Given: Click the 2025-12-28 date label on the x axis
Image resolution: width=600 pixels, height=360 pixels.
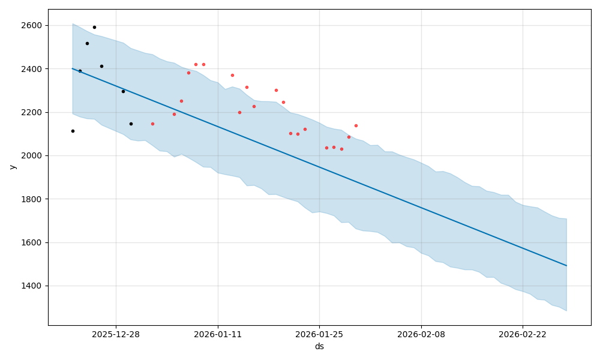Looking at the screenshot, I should click(116, 334).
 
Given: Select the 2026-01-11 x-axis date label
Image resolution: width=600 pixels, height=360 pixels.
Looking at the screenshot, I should click(218, 334).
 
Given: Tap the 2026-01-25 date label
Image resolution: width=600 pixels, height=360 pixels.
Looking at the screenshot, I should click(319, 334).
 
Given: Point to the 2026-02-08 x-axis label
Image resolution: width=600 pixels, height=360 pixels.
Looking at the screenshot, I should click(421, 334).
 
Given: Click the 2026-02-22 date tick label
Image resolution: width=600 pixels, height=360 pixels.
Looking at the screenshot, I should click(523, 334).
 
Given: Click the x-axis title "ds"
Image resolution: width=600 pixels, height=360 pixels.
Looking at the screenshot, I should click(319, 346).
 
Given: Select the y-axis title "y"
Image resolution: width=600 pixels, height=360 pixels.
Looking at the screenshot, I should click(11, 167).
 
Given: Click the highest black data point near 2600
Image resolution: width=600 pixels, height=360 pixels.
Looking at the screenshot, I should click(94, 27).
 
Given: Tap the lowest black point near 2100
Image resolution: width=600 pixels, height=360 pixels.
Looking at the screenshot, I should click(73, 131).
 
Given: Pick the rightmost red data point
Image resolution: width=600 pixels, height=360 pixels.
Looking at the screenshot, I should click(356, 125).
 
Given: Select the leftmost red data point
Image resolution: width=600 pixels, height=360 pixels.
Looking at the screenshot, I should click(152, 124).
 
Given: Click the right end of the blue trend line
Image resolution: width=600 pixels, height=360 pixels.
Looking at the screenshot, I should click(566, 265).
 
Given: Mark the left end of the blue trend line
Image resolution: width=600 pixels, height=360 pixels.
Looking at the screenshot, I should click(73, 68).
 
